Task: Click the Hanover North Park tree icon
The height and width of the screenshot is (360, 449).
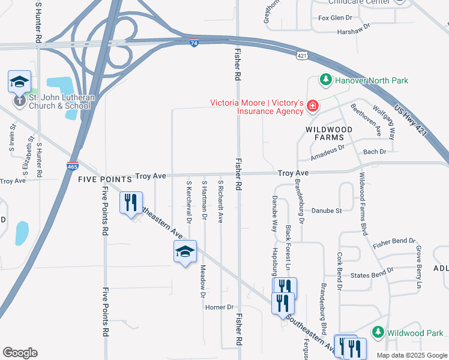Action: tap(325, 80)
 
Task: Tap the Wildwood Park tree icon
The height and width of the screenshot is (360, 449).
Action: tap(378, 332)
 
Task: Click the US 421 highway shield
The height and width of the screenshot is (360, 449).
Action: tap(302, 55)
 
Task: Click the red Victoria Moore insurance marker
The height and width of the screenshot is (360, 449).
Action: tap(312, 107)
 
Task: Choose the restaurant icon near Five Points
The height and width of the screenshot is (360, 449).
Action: tap(131, 203)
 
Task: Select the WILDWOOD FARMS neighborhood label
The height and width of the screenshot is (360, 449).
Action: tap(329, 133)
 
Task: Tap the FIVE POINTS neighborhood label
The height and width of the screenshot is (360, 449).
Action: tap(104, 179)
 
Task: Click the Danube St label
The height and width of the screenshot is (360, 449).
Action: tap(327, 211)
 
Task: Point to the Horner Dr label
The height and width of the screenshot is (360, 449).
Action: tap(219, 307)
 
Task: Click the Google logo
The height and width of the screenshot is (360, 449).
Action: tap(20, 353)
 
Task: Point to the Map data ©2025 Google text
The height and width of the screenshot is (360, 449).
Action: tap(411, 355)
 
